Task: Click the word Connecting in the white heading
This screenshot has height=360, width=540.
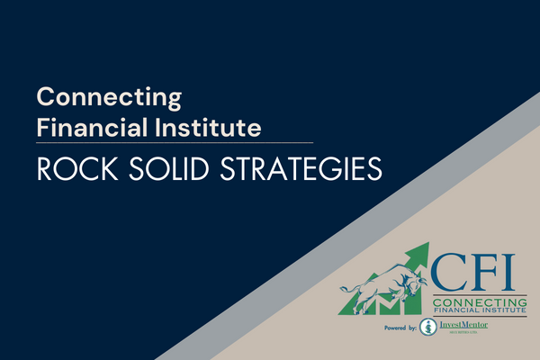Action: (109, 96)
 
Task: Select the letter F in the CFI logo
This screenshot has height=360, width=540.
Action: (486, 270)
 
